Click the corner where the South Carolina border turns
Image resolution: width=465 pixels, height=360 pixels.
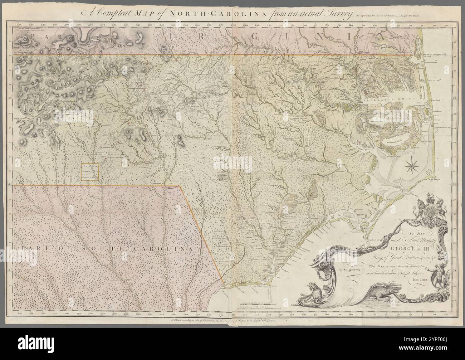[180, 186]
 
